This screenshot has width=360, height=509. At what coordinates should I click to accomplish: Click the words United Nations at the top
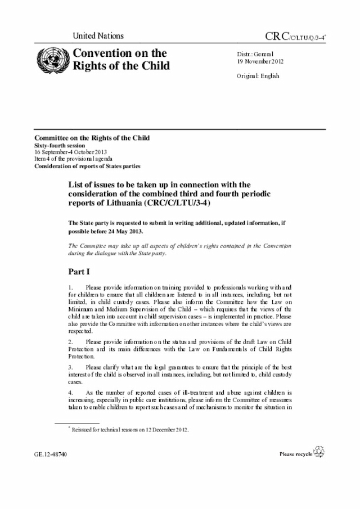tap(98, 36)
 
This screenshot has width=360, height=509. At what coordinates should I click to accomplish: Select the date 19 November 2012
tap(260, 62)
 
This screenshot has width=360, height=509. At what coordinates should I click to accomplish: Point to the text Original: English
tap(258, 76)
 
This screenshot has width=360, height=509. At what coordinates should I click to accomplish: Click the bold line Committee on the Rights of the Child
tap(92, 138)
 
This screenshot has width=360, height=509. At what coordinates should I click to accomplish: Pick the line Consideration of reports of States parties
tap(87, 166)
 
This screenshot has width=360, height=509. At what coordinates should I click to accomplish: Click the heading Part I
tap(79, 272)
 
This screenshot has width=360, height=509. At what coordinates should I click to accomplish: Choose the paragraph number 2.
tap(71, 342)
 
